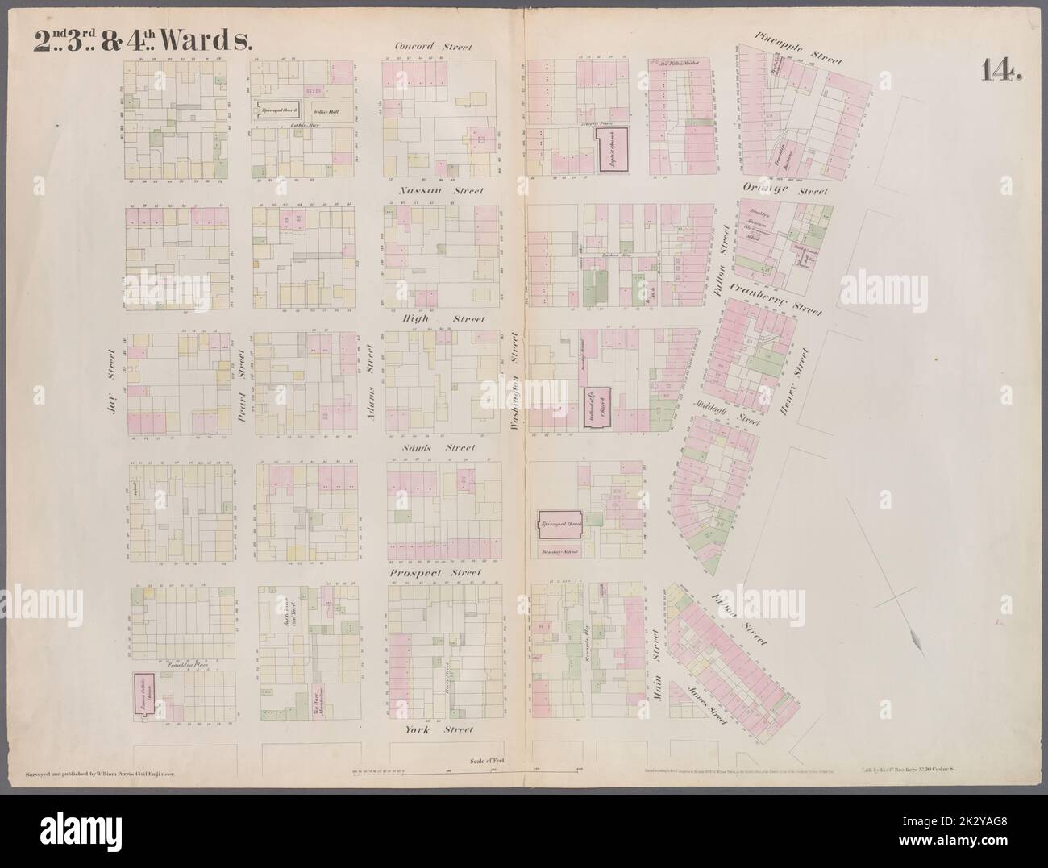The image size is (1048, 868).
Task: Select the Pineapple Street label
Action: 798,48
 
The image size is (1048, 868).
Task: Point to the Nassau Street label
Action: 441,191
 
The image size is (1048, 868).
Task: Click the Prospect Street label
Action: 435,573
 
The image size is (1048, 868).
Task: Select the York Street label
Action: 439,729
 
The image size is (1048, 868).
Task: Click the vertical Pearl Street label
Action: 239,384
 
